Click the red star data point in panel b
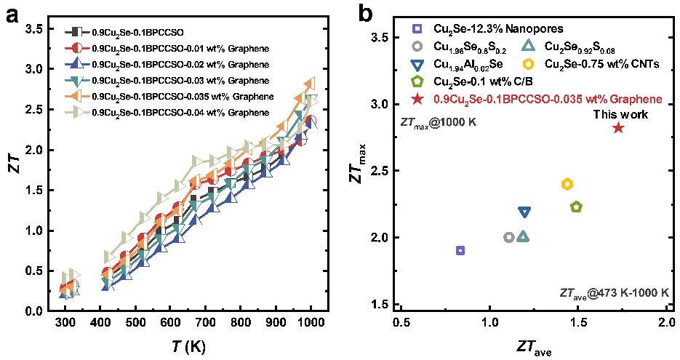pos(618,128)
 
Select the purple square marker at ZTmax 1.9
pos(460,250)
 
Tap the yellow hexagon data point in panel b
pos(567,184)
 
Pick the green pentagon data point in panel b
pos(577,207)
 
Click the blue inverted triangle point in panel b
pos(524,212)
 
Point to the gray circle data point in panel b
pos(509,237)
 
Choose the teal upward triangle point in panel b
pos(524,236)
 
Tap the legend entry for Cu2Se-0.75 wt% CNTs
pos(596,63)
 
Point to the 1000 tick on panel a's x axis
pos(311,323)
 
